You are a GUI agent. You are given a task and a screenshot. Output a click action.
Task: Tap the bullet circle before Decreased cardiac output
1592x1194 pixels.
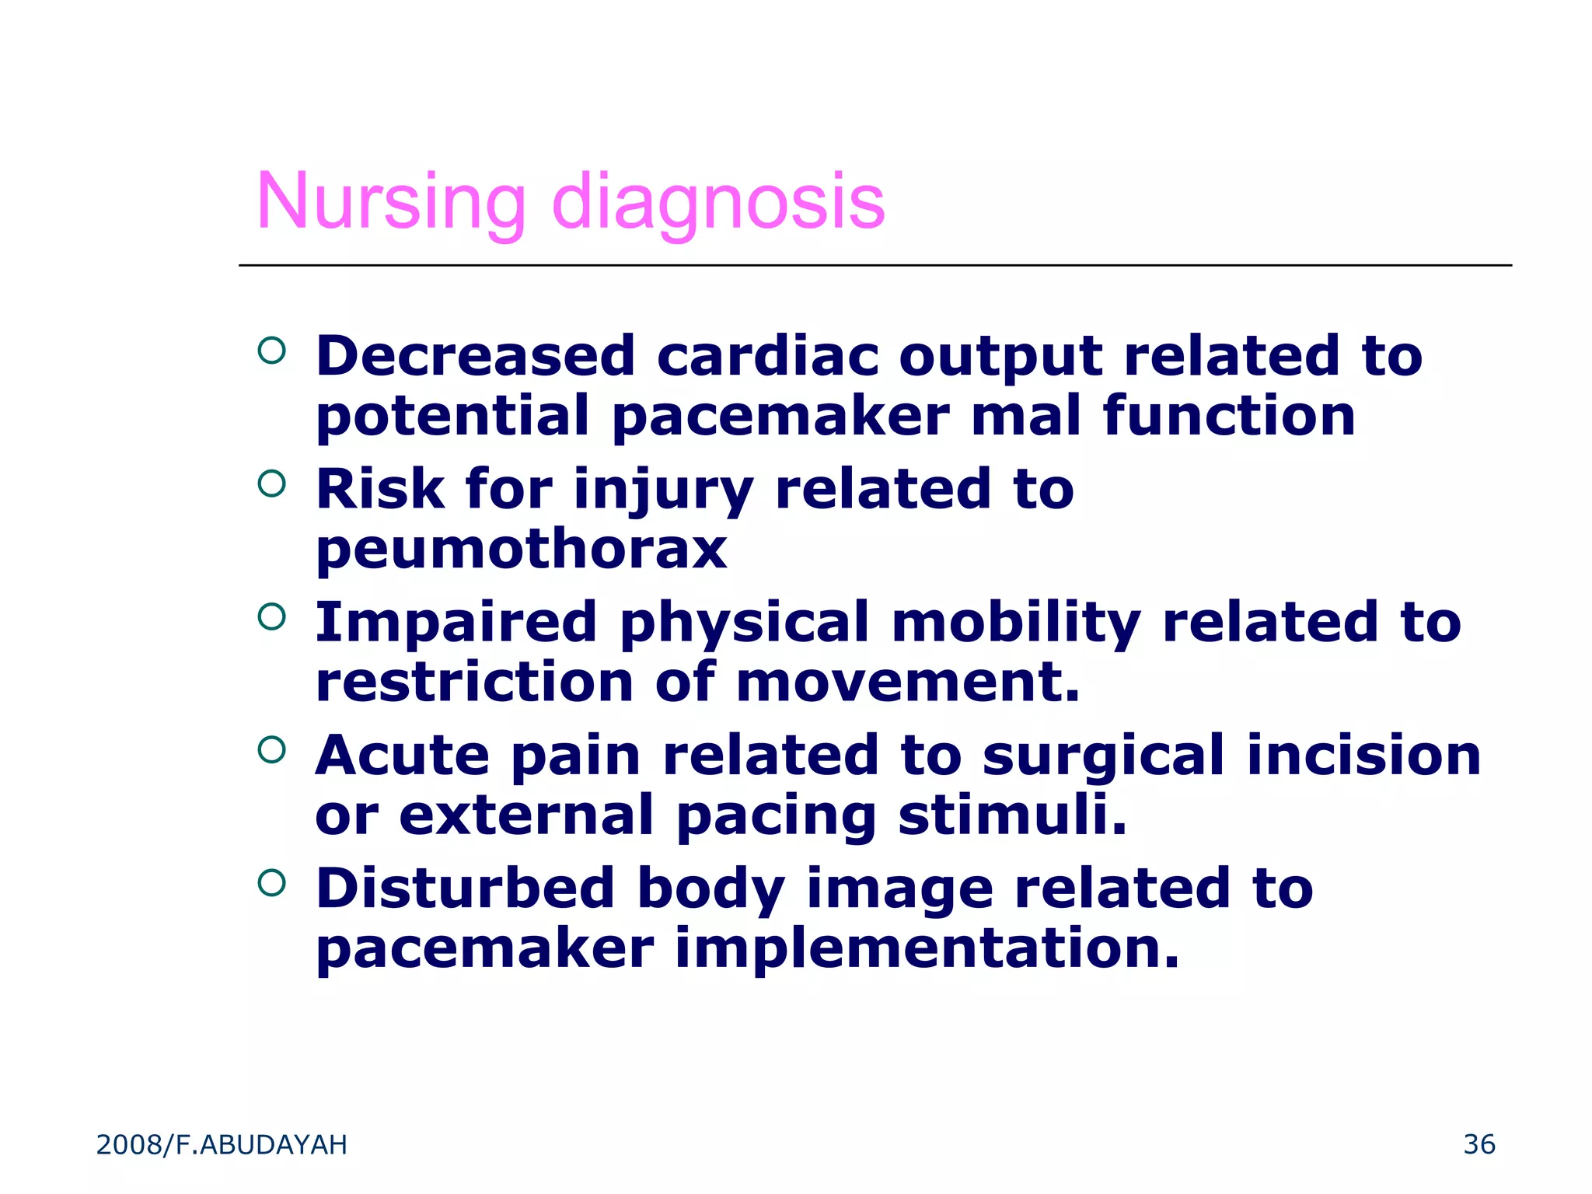pyautogui.click(x=271, y=351)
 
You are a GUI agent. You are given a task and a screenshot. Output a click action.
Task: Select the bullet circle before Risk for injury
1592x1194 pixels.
pyautogui.click(x=271, y=484)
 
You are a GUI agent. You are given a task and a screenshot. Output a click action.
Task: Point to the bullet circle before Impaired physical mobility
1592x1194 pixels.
pyautogui.click(x=271, y=617)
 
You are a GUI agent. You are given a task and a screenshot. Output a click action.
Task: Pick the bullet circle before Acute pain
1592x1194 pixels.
pyautogui.click(x=271, y=750)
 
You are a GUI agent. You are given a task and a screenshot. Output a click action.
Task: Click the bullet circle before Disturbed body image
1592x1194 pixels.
pyautogui.click(x=271, y=883)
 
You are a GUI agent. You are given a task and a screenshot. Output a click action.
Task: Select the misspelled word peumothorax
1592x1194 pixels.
pyautogui.click(x=521, y=550)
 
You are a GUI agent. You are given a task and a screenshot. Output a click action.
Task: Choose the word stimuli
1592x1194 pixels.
pyautogui.click(x=1012, y=815)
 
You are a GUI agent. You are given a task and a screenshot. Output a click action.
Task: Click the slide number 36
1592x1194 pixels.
pyautogui.click(x=1479, y=1144)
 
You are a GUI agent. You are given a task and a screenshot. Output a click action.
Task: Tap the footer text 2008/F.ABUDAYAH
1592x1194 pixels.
pyautogui.click(x=222, y=1145)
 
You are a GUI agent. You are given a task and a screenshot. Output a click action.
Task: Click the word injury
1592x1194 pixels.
pyautogui.click(x=663, y=492)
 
